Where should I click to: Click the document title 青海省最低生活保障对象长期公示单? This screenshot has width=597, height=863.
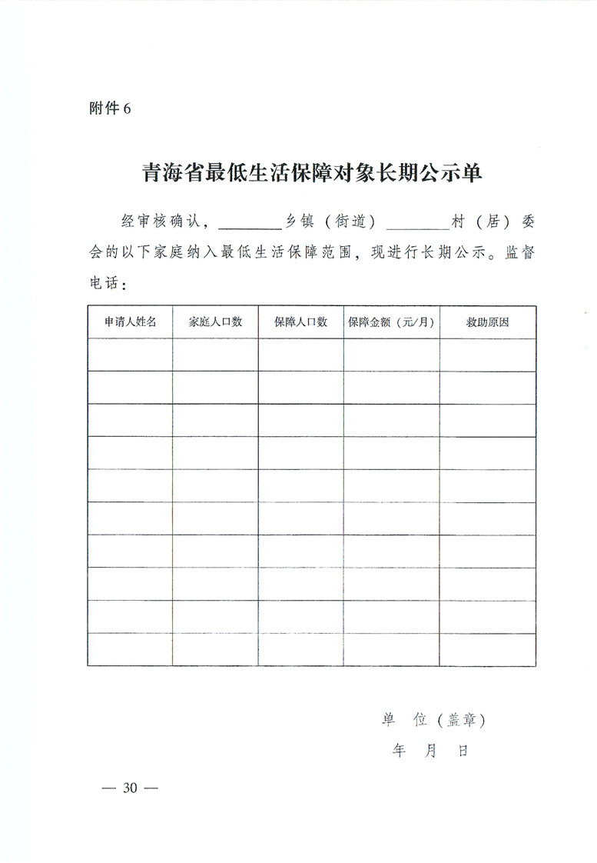point(312,172)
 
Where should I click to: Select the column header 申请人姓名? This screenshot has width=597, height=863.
point(131,322)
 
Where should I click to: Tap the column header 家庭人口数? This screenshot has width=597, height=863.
point(216,322)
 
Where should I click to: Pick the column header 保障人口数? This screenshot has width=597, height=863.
point(301,322)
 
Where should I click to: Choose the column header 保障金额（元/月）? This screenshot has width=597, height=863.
point(392,322)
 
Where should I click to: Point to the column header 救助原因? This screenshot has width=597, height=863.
point(488,322)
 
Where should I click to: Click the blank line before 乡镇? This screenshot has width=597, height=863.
point(251,223)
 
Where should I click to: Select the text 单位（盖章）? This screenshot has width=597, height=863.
point(434,720)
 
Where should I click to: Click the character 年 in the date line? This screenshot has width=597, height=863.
point(399,751)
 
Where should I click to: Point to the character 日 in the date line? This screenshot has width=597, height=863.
point(463,751)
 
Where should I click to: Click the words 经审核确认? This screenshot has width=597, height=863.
point(160,222)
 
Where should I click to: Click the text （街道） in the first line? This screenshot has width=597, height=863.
point(350,222)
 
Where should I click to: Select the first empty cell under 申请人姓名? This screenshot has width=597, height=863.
point(131,355)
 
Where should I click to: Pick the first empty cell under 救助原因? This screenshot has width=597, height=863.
point(488,355)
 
